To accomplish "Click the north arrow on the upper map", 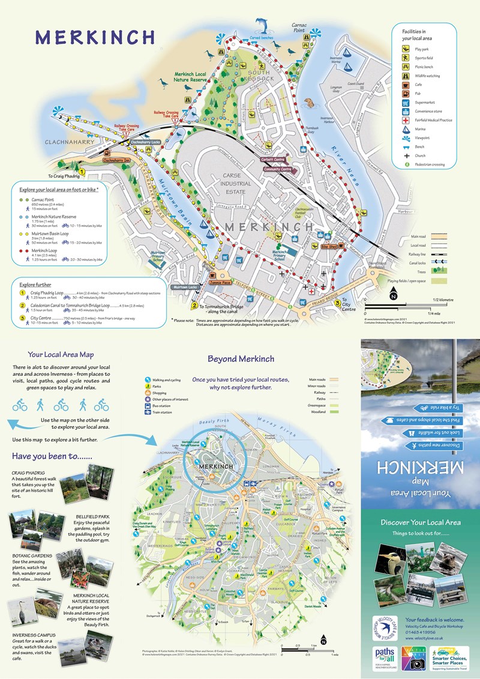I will click(394, 295).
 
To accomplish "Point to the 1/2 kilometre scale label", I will click(443, 298).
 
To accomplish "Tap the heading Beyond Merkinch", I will click(241, 359).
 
